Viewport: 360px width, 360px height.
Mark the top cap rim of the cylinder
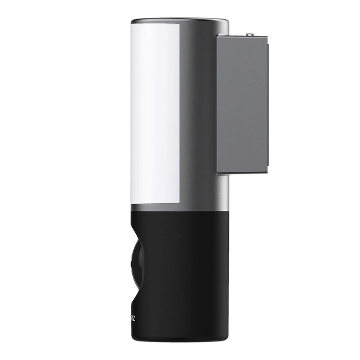tap(180, 22)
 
